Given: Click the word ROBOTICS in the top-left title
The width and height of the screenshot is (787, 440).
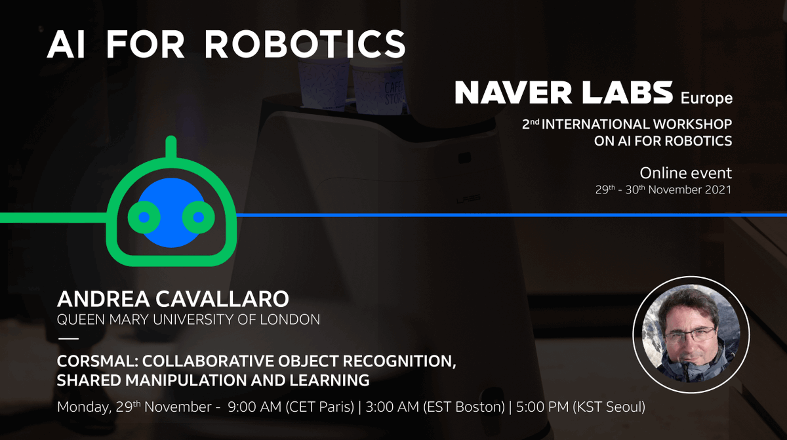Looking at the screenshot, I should [304, 45].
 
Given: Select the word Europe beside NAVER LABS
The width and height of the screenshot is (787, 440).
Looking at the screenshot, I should [706, 99].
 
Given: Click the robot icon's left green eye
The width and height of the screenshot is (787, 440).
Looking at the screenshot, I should [144, 216].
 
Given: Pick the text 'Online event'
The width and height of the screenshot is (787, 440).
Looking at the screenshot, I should [685, 174].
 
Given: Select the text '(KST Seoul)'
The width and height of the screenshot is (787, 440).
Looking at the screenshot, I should [609, 407].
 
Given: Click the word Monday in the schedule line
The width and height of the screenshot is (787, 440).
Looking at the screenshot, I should [83, 407].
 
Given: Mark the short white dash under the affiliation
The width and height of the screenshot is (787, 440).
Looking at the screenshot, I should [68, 339].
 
